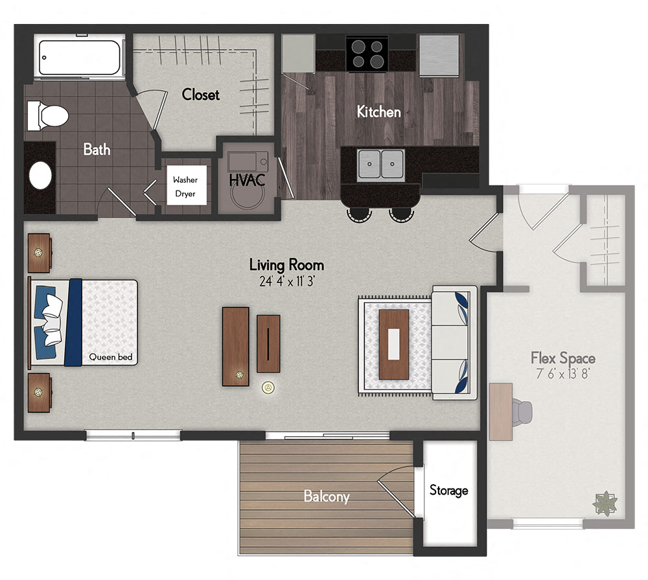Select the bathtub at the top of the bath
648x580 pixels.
coord(80,58)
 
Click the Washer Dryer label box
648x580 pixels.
coord(185,187)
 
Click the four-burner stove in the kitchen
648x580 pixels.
coord(367,54)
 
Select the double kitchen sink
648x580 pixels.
coord(382,163)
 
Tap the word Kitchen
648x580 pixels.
coord(379,112)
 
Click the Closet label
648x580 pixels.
coord(201,95)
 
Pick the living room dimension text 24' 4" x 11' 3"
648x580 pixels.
coord(286,282)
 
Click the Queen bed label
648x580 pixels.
coord(107,356)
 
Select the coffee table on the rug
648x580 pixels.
coord(394,344)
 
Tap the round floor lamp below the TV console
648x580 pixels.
coord(267,388)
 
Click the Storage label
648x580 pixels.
coord(448,491)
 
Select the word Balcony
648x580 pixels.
coord(327,497)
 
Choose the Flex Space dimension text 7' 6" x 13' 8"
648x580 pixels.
coord(562,374)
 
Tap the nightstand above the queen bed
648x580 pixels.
coord(40,253)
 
